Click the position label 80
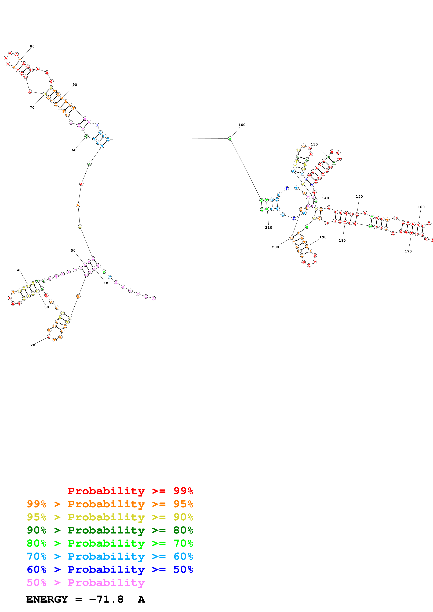(x=32, y=46)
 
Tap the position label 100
(x=242, y=125)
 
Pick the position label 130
(x=314, y=144)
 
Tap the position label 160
(x=421, y=207)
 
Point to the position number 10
(x=106, y=283)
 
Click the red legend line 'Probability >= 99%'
(x=130, y=491)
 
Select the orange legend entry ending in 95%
(x=110, y=504)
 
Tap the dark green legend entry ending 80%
(x=110, y=530)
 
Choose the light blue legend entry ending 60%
(x=110, y=556)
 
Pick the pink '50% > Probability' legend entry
(x=85, y=582)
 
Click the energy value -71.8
(x=106, y=599)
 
